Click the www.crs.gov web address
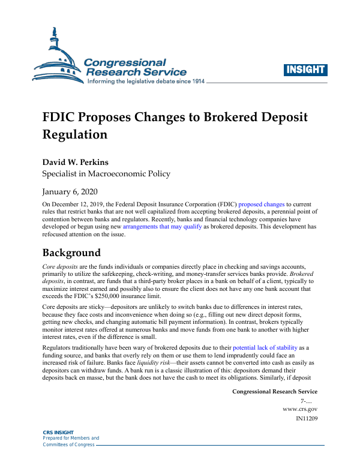click(x=299, y=409)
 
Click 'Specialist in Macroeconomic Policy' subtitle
click(x=106, y=174)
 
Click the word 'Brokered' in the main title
click(x=233, y=117)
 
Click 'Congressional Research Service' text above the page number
click(x=274, y=391)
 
